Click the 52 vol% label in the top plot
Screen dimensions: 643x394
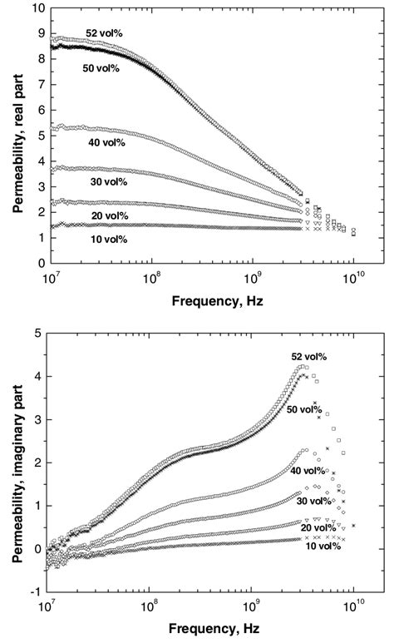click(x=103, y=33)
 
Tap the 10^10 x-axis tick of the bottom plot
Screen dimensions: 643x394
click(x=353, y=602)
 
